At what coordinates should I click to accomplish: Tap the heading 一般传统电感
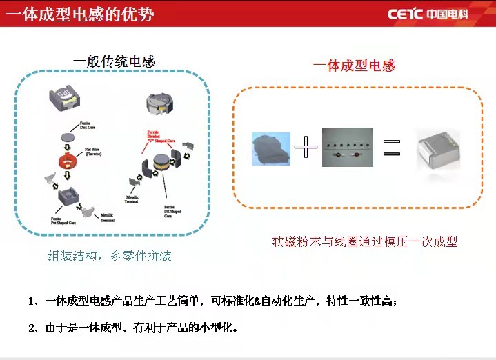[x=115, y=61]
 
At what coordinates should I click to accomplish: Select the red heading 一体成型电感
[x=354, y=66]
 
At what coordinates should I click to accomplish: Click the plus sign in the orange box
[x=306, y=147]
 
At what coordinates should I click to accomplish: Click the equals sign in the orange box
[x=392, y=148]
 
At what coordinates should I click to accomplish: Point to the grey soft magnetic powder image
[x=272, y=149]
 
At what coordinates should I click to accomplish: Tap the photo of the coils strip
[x=347, y=147]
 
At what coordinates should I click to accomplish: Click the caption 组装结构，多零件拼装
[x=110, y=257]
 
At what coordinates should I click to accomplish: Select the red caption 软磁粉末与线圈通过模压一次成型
[x=365, y=242]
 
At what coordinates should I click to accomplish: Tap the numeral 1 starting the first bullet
[x=32, y=301]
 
